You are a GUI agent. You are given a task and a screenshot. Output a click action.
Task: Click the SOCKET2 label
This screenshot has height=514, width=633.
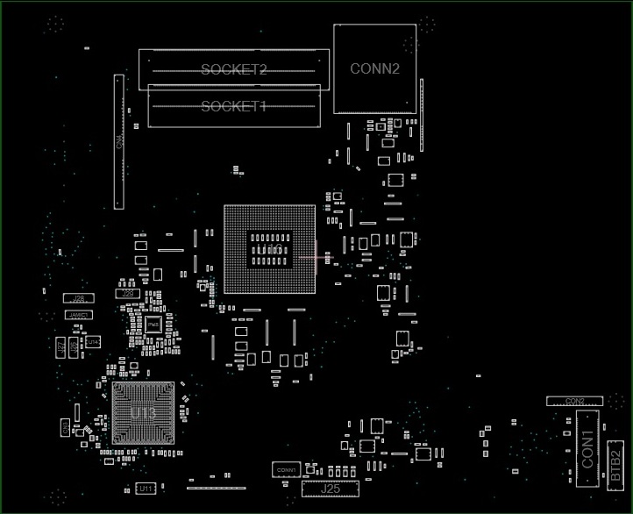pos(233,69)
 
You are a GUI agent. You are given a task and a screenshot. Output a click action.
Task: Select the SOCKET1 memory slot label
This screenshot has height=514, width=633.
pos(233,106)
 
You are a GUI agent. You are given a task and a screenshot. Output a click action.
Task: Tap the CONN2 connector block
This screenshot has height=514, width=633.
pos(374,68)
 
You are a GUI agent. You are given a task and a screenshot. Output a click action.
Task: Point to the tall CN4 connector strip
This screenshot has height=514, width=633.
pos(118,142)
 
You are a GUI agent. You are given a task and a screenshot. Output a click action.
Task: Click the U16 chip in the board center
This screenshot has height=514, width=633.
pos(269,250)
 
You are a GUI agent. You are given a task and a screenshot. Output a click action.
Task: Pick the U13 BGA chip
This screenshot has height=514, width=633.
pos(143,413)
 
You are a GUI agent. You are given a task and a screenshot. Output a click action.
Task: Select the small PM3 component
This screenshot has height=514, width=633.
pos(153,325)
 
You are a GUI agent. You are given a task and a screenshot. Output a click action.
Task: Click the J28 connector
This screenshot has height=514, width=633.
pos(79,299)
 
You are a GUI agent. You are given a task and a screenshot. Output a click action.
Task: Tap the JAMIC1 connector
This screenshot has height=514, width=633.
pos(79,314)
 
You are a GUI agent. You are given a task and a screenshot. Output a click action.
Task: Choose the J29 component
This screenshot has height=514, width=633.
pos(129,293)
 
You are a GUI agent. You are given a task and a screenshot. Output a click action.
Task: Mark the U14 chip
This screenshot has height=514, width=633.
pos(92,340)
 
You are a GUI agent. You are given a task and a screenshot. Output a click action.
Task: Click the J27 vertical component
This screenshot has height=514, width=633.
pos(60,347)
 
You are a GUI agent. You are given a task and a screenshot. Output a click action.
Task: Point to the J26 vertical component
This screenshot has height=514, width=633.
pos(74,346)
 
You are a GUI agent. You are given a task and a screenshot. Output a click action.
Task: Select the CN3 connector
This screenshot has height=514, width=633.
pos(65,427)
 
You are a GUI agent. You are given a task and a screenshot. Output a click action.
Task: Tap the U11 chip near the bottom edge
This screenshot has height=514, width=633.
pos(146,488)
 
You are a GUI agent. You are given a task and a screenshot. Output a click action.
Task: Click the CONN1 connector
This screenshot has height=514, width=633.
pos(286,470)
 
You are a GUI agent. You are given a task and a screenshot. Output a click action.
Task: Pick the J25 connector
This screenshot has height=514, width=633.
pos(331,489)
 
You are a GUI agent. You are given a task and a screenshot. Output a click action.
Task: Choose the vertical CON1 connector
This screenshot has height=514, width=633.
pos(587,446)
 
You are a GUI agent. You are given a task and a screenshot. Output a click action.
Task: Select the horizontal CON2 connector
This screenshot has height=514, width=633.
pos(575,401)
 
